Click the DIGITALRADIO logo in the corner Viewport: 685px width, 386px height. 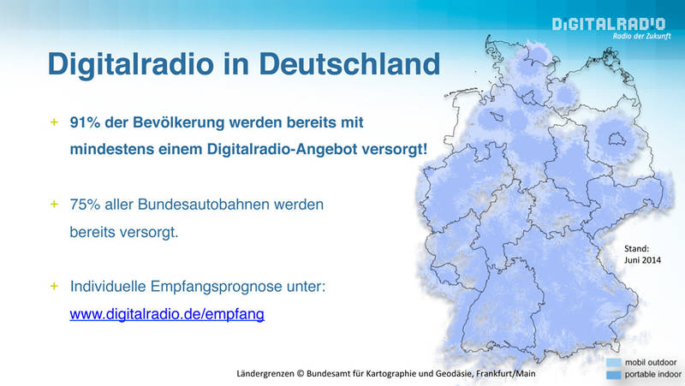[x=609, y=24]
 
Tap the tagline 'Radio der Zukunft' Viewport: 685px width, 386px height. [x=641, y=36]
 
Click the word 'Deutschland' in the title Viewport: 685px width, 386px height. [x=349, y=63]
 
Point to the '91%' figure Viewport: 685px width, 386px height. [x=85, y=122]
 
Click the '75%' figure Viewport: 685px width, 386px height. [x=85, y=205]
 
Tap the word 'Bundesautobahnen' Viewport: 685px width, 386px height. [x=204, y=205]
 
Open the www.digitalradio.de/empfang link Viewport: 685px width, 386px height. [x=167, y=314]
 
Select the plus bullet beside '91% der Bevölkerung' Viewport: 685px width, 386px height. [x=54, y=122]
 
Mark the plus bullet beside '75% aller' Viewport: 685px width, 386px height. [x=54, y=204]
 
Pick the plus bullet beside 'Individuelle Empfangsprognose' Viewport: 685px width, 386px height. [x=54, y=286]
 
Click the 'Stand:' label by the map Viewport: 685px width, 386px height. [x=636, y=249]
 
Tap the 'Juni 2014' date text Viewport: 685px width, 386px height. [x=642, y=260]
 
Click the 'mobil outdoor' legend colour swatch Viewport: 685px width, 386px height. [x=613, y=362]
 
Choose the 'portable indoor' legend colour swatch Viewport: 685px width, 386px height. [x=613, y=375]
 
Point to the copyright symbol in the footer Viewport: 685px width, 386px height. [x=301, y=374]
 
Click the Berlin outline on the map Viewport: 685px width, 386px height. [x=617, y=140]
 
